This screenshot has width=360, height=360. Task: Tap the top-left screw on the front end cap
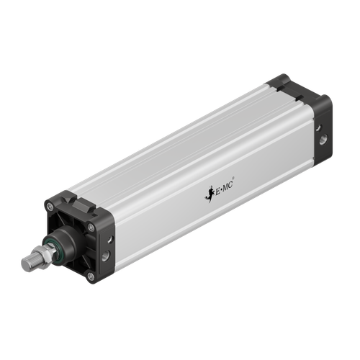pos(50,207)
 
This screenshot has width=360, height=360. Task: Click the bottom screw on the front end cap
pos(90,276)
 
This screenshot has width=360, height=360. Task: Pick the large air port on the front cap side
pos(107,255)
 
